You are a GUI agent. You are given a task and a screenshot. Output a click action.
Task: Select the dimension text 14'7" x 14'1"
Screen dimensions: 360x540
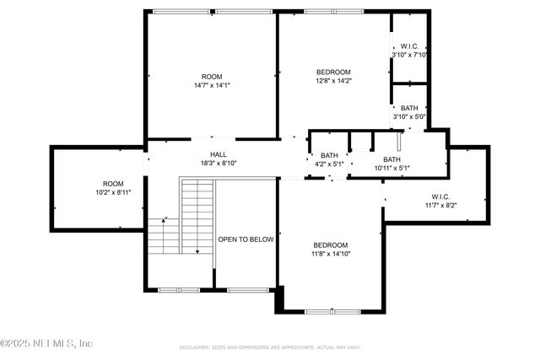pyautogui.click(x=212, y=85)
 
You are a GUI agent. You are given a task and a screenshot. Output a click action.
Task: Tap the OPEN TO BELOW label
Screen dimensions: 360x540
pyautogui.click(x=246, y=239)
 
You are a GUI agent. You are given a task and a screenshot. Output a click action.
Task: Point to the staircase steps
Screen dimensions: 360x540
pyautogui.click(x=197, y=216)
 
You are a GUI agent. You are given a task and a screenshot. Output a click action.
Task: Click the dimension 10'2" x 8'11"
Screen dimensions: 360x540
pyautogui.click(x=113, y=192)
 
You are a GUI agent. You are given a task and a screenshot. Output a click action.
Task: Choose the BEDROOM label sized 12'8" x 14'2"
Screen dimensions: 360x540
pyautogui.click(x=333, y=72)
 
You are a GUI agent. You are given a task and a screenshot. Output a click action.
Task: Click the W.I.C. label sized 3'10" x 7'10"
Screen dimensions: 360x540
pyautogui.click(x=409, y=46)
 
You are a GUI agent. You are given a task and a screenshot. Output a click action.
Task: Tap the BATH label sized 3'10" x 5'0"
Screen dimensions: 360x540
pyautogui.click(x=409, y=108)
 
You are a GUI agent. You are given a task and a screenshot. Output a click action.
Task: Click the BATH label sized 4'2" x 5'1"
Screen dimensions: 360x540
pyautogui.click(x=329, y=155)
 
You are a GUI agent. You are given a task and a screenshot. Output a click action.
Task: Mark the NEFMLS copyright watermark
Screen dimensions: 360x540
pyautogui.click(x=46, y=343)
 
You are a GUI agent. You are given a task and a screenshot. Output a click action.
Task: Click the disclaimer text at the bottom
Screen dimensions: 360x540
pyautogui.click(x=270, y=347)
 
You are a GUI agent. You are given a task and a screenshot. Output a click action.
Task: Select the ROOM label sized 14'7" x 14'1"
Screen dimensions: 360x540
pyautogui.click(x=212, y=76)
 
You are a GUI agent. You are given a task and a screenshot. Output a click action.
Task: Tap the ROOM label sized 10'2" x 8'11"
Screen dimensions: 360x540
pyautogui.click(x=113, y=183)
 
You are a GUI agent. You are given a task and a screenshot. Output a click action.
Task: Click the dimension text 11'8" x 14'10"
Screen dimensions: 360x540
pyautogui.click(x=329, y=253)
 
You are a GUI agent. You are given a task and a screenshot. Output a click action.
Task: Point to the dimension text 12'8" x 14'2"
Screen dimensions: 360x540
pyautogui.click(x=333, y=81)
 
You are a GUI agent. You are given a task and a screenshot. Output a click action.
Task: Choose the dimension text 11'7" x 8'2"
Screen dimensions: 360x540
pyautogui.click(x=440, y=204)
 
